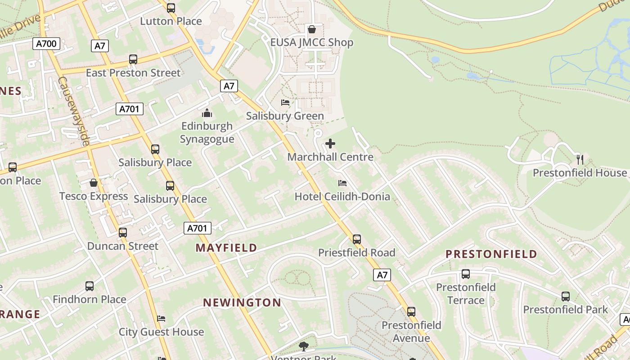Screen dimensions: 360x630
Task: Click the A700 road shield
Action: (x=46, y=44)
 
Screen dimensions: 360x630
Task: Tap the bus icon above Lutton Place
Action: (x=171, y=8)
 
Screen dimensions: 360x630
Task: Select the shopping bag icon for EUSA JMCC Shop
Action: (x=311, y=30)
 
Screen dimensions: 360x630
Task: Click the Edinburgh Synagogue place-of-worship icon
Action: (x=207, y=113)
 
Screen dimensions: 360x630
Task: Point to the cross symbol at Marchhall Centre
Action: (x=330, y=144)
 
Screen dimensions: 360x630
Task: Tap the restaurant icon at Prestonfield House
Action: (x=580, y=159)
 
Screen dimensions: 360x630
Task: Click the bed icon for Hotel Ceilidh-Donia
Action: (x=342, y=183)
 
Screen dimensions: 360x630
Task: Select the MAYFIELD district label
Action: (x=226, y=247)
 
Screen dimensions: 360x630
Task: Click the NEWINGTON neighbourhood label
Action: (x=242, y=302)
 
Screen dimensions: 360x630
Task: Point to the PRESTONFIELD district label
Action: (x=491, y=254)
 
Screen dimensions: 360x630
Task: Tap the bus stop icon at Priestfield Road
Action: (x=357, y=239)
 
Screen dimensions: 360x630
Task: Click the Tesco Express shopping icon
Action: (x=94, y=183)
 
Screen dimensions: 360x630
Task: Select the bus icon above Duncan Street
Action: (x=123, y=233)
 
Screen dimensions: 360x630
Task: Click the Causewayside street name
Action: (x=74, y=111)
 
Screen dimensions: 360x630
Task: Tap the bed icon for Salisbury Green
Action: (x=285, y=103)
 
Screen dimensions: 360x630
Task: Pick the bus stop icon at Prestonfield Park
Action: (x=565, y=296)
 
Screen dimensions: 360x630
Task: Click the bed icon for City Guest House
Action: (x=161, y=319)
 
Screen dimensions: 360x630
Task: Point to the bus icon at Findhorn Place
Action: (x=90, y=286)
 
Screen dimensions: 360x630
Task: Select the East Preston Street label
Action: (x=133, y=73)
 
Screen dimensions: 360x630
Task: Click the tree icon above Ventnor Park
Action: (x=304, y=346)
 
